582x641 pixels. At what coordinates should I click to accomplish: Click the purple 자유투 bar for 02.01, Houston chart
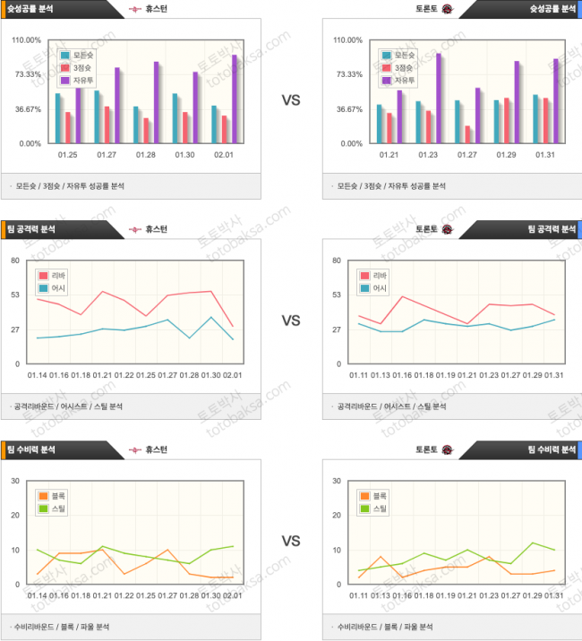[235, 98]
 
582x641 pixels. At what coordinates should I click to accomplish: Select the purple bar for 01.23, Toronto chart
[439, 98]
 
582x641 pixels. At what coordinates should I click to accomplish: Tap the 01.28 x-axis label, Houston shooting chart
[146, 154]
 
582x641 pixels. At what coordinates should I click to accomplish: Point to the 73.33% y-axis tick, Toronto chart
[347, 74]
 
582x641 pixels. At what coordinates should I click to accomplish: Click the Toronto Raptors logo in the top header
[447, 9]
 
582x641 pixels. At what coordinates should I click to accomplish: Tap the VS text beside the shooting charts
[291, 100]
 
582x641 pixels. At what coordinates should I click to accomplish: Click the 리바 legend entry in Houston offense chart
[56, 276]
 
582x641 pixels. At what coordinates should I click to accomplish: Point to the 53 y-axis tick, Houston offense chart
[15, 295]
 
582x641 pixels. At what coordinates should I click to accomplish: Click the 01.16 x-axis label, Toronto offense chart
[400, 375]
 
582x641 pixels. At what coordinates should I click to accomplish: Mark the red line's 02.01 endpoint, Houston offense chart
[232, 326]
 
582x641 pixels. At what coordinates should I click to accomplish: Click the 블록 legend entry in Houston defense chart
[53, 495]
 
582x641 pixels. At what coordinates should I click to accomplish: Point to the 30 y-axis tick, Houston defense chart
[15, 481]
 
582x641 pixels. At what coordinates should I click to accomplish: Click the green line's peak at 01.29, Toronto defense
[533, 543]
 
